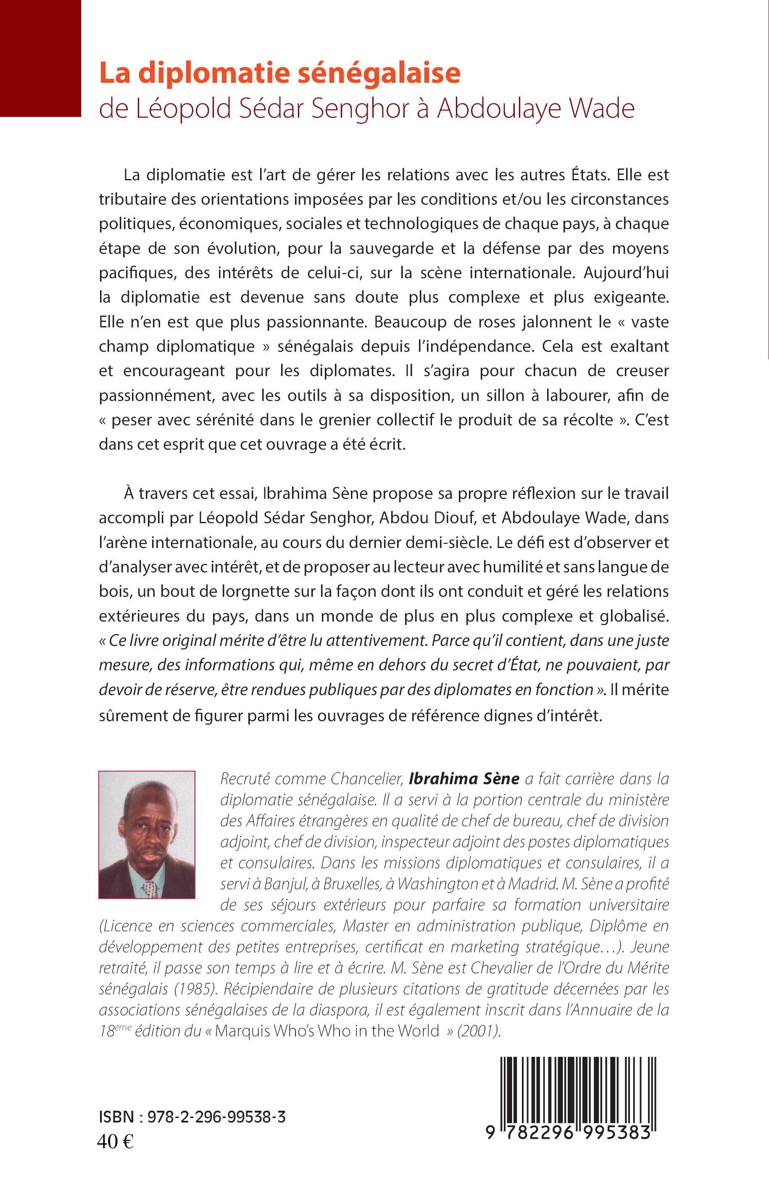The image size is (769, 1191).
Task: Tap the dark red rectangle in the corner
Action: coord(40,58)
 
